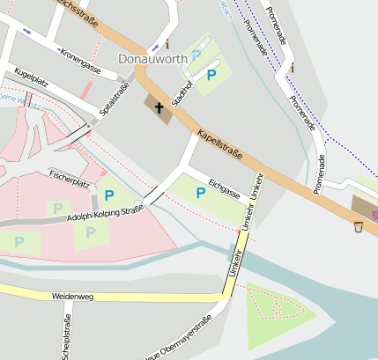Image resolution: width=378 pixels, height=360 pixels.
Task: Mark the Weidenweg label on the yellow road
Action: click(72, 297)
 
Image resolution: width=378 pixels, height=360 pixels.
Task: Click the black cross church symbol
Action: click(159, 108)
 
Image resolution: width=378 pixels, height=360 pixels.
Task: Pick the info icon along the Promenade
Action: click(293, 68)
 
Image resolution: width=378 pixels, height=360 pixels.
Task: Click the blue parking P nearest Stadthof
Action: click(211, 76)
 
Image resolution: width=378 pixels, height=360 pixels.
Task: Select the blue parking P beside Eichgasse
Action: click(201, 192)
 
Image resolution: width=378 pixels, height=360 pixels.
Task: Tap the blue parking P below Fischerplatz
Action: click(109, 195)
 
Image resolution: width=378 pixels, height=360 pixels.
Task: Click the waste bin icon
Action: click(359, 227)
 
